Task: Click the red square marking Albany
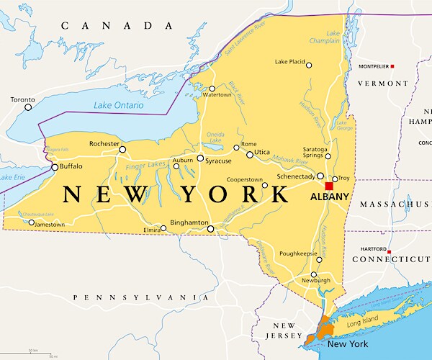point(329,186)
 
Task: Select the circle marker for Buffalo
point(55,167)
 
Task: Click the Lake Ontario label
point(119,106)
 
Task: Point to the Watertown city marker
point(212,89)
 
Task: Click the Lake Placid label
point(290,62)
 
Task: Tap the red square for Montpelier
point(392,66)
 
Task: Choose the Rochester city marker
point(122,150)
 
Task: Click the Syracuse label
point(217,160)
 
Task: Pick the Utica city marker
point(250,155)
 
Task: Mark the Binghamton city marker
point(210,229)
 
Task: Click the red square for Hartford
point(389,252)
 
